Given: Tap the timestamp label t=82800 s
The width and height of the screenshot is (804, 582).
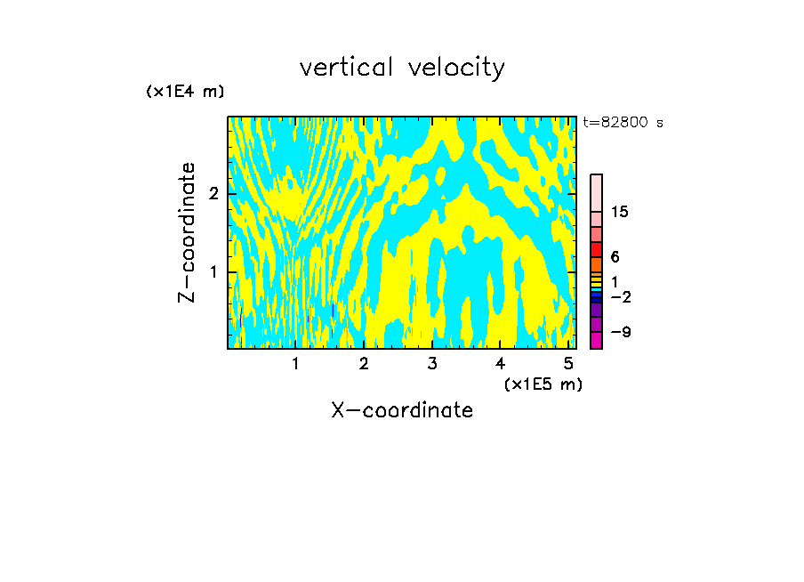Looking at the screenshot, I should [x=623, y=123].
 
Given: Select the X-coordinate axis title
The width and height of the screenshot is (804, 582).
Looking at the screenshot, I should [x=402, y=410].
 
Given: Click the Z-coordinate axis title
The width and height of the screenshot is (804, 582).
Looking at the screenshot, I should [x=187, y=232].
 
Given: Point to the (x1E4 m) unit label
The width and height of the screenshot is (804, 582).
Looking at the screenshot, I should [x=185, y=92].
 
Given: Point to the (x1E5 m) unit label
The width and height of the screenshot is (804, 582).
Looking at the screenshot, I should [x=543, y=384].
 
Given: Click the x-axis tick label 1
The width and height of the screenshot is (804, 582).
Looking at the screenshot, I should [x=295, y=364].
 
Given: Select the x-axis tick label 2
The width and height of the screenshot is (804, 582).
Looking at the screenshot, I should [x=364, y=364].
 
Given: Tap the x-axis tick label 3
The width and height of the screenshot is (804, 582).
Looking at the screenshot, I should [x=431, y=364].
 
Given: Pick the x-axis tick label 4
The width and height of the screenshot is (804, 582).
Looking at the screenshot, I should [x=500, y=364].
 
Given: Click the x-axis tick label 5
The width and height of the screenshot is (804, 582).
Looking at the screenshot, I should [x=568, y=364].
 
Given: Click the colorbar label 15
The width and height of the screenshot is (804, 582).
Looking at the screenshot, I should [x=620, y=212].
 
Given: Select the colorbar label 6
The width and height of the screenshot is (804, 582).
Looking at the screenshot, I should [x=615, y=257].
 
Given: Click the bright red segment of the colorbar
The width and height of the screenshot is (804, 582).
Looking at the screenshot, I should [x=596, y=249].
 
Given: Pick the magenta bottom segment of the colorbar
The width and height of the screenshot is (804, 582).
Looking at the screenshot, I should [x=596, y=340].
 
